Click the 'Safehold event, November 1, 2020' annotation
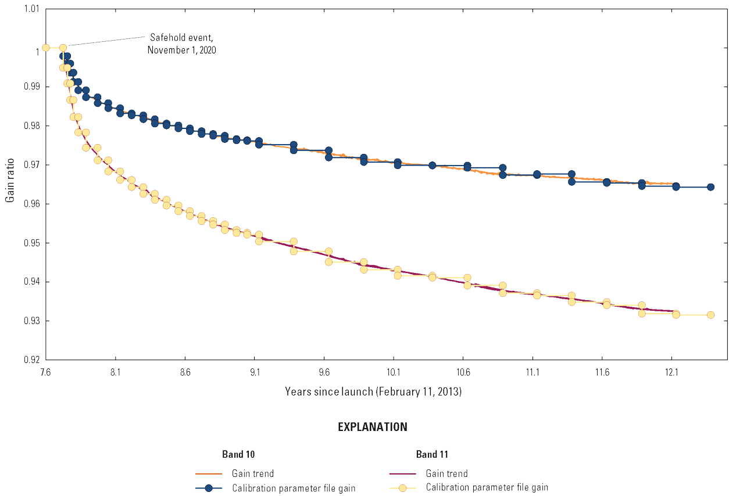(x=181, y=44)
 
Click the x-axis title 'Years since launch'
(x=373, y=391)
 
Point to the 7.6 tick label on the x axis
(x=45, y=373)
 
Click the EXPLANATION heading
(x=373, y=427)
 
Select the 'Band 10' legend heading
(x=238, y=454)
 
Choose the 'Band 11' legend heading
(x=432, y=454)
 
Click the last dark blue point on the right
(x=710, y=187)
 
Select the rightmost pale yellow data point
(x=710, y=315)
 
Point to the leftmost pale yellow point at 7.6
(x=45, y=48)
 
